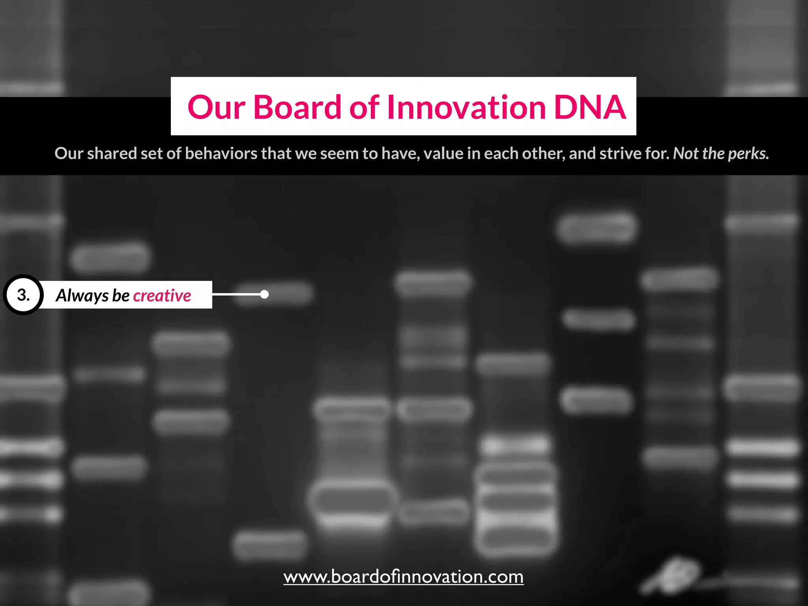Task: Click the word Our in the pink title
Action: coord(216,108)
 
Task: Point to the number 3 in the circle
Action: coord(23,295)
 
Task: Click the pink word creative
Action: coord(162,296)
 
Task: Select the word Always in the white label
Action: coord(82,296)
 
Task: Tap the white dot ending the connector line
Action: coord(265,294)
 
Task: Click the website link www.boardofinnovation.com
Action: coord(403,577)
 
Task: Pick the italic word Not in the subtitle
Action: coord(685,153)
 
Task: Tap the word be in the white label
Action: coord(121,296)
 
